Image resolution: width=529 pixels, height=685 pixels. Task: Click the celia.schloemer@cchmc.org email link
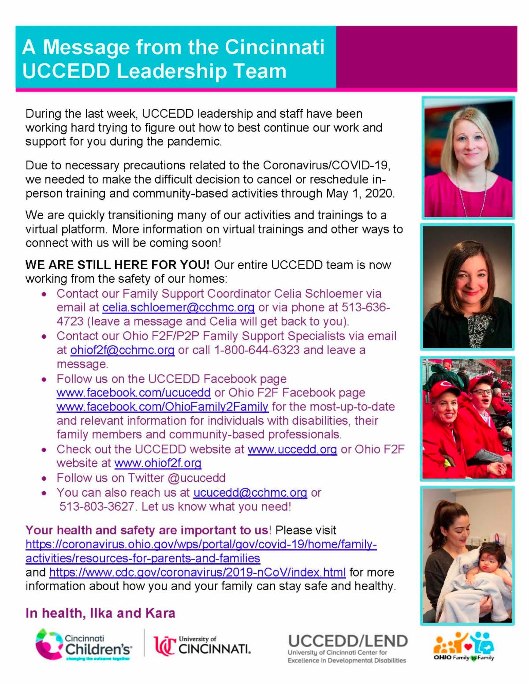coord(179,307)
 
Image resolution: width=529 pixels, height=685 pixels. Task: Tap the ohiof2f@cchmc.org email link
coord(123,350)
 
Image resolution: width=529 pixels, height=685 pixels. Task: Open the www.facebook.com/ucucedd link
coord(134,393)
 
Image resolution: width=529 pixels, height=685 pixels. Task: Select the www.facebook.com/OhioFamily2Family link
coord(162,406)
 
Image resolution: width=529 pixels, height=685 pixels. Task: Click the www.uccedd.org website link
coord(292,449)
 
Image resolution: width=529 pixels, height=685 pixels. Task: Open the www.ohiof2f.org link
coord(158,463)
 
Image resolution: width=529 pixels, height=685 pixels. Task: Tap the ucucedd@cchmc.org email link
coord(250,492)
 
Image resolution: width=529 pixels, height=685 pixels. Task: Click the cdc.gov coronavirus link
coord(197,573)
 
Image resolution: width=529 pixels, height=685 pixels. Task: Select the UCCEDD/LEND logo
coord(347,648)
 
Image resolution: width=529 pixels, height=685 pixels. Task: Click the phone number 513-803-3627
coord(97,506)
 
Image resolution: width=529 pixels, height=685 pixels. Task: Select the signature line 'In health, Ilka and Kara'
coord(101,613)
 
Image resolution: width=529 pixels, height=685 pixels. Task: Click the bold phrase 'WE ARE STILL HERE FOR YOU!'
coord(117,265)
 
